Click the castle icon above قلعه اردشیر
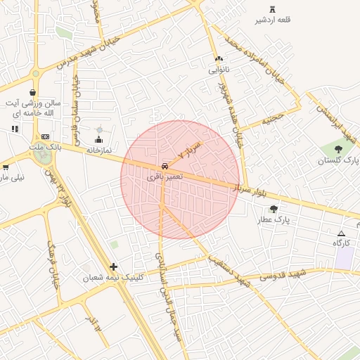pos(272,9)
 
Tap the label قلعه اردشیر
pos(273,20)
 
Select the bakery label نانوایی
pos(219,70)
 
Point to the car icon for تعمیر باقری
pos(165,166)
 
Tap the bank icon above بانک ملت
pos(46,136)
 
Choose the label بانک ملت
pos(46,147)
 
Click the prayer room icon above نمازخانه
pos(98,139)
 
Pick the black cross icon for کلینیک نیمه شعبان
pos(114,266)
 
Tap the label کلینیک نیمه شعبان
pos(113,277)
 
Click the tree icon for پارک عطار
pos(273,209)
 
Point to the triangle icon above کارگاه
pos(342,233)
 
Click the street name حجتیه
pos(273,119)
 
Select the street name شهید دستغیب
pos(229,269)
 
